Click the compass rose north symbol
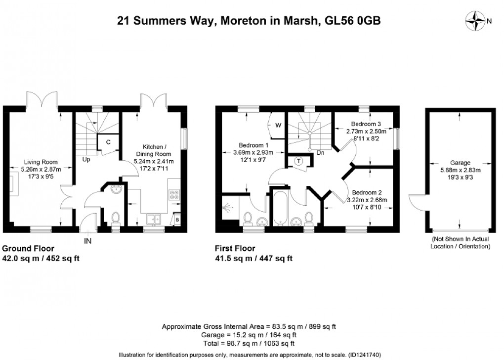click(477, 20)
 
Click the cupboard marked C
click(108, 141)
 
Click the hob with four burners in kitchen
click(174, 195)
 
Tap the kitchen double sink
click(154, 219)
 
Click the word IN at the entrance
click(88, 241)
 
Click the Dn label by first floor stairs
click(320, 152)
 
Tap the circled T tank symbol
click(299, 161)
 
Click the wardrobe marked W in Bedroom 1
click(278, 125)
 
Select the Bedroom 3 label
click(366, 124)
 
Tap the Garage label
click(460, 162)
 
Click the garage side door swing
click(417, 203)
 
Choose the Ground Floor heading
click(29, 249)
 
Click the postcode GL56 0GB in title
click(352, 20)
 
